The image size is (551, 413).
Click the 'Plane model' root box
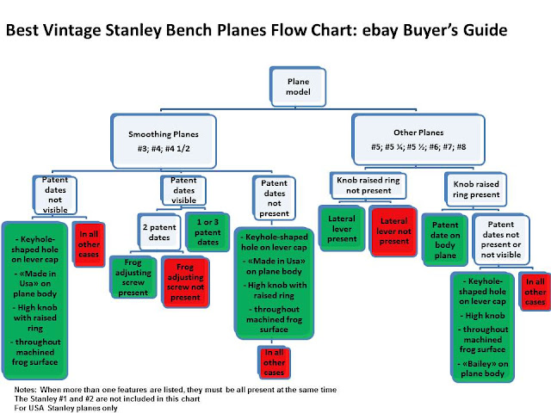(286, 86)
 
